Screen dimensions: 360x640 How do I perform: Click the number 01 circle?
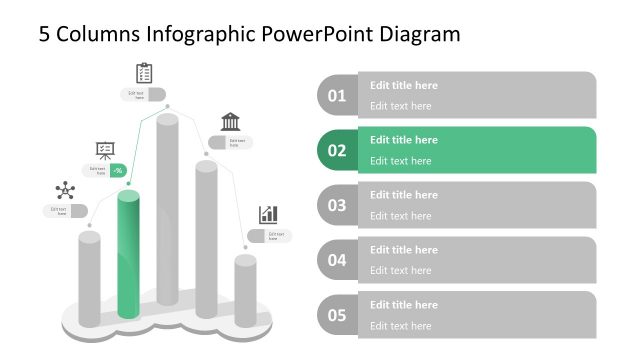(x=337, y=96)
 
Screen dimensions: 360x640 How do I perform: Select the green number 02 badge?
(x=337, y=151)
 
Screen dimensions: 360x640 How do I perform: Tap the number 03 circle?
(x=337, y=206)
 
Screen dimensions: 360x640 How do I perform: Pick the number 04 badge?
(x=337, y=261)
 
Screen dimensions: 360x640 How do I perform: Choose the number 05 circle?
(x=337, y=316)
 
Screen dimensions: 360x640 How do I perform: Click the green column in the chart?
(x=128, y=255)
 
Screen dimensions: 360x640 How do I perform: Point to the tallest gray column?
(x=167, y=215)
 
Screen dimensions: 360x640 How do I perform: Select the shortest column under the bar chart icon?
(x=245, y=290)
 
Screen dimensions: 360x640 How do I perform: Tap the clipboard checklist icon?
(x=144, y=73)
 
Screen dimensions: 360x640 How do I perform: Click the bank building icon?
(x=230, y=122)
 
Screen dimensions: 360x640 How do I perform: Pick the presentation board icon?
(x=104, y=150)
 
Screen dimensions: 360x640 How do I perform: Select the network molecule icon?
(x=65, y=190)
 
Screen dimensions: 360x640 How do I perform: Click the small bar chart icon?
(x=268, y=214)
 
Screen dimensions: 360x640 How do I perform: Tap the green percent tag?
(x=118, y=170)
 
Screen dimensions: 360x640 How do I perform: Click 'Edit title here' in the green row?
(x=404, y=140)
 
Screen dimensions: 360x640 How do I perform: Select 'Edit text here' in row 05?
(x=401, y=325)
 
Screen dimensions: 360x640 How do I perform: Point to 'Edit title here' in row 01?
(x=404, y=85)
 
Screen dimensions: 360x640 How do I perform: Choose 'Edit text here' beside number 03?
(x=401, y=215)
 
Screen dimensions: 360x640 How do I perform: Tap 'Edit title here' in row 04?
(x=404, y=250)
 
